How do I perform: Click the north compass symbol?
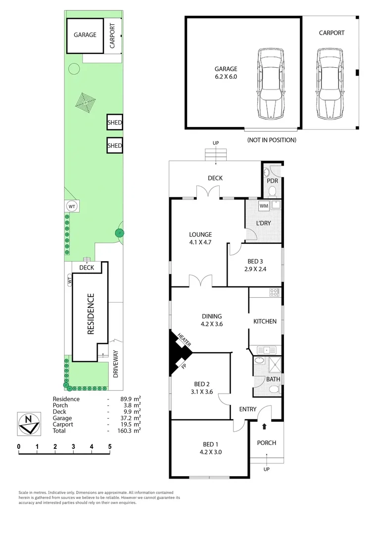28,423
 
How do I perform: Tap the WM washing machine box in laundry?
264,205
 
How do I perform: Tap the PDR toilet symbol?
268,173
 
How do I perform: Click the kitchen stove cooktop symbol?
275,292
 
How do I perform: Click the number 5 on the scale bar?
110,446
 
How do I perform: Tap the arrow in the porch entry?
264,426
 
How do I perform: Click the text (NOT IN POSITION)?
272,140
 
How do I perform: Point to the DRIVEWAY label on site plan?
115,364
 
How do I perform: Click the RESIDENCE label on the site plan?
91,314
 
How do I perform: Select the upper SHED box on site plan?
115,122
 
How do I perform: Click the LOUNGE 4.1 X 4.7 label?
200,238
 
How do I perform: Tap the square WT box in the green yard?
72,206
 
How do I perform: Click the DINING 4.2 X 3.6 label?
211,320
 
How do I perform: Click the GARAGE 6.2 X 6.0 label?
226,73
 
